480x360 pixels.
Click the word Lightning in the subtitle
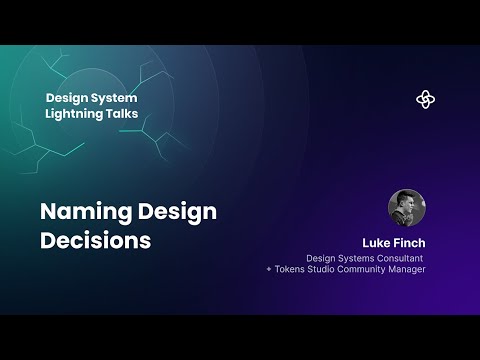point(80,115)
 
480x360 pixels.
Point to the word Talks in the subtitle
point(138,115)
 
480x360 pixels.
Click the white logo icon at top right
point(426,99)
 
